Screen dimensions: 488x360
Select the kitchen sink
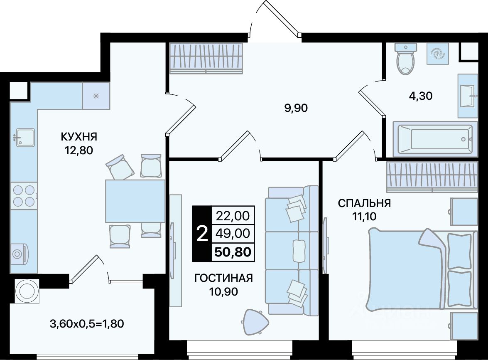click(24, 137)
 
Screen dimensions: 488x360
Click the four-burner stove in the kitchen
click(24, 195)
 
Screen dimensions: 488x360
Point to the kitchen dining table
click(135, 201)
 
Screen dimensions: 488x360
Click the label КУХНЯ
click(79, 136)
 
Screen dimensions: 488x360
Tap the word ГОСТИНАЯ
click(223, 278)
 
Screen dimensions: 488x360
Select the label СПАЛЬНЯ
click(364, 203)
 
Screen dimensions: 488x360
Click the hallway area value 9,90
click(296, 108)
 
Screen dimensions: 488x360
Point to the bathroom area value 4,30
click(420, 96)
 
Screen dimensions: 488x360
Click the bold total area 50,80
click(233, 252)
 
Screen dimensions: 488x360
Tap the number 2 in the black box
click(202, 234)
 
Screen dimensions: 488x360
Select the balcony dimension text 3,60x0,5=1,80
click(87, 324)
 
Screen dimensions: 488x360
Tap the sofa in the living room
click(292, 250)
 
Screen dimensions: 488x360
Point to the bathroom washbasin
click(468, 96)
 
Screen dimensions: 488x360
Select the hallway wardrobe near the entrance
click(206, 58)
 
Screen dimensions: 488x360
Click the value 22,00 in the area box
click(233, 215)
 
